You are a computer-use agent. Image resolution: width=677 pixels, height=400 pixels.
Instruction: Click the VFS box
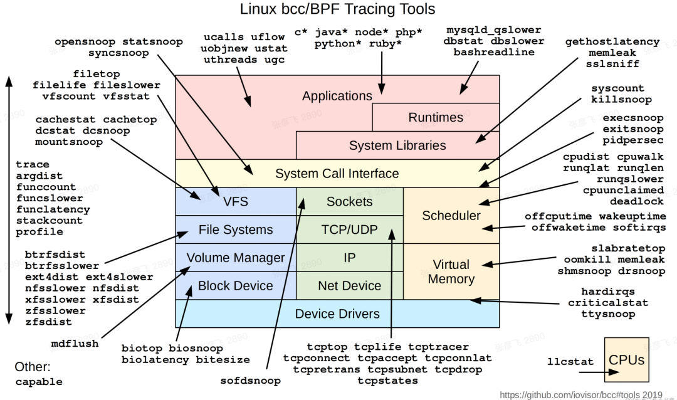tap(235, 201)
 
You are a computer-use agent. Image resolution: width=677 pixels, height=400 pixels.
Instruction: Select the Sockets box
tap(349, 201)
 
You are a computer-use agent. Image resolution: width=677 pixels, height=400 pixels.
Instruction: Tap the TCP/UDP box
tap(349, 229)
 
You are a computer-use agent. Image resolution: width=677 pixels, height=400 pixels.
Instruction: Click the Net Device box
tap(349, 286)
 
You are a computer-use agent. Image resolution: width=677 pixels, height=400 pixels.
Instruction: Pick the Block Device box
tap(235, 286)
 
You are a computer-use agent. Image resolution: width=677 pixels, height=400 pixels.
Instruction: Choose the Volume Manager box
tap(235, 258)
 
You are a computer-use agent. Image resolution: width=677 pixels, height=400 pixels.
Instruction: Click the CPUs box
tap(626, 360)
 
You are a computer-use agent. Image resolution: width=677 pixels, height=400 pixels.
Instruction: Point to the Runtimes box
tap(436, 117)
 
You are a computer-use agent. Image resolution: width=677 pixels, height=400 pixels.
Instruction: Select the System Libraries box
tap(397, 145)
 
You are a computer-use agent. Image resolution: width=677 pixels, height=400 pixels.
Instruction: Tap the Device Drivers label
tap(337, 313)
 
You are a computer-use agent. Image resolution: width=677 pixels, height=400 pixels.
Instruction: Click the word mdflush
tap(75, 344)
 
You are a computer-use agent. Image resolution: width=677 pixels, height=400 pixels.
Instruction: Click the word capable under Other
tap(39, 382)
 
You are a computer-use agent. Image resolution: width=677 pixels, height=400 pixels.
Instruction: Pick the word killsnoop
tap(621, 100)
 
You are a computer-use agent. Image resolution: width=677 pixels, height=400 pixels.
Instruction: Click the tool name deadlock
tap(636, 201)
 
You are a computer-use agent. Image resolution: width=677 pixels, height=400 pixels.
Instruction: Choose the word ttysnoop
tap(607, 314)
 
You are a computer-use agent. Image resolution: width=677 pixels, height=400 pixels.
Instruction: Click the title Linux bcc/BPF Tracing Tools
tap(338, 9)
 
